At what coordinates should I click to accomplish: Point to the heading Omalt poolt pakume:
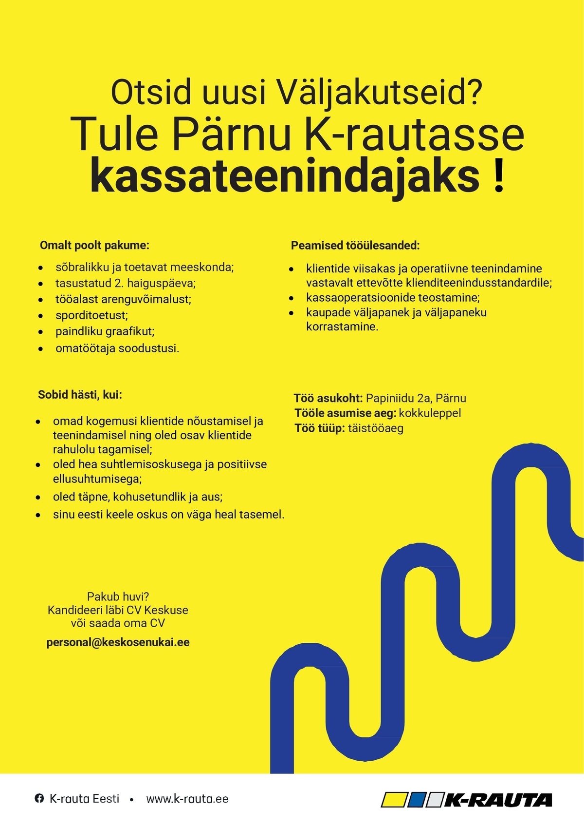pyautogui.click(x=94, y=245)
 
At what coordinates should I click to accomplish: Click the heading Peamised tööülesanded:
pyautogui.click(x=355, y=246)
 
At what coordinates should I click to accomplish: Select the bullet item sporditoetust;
pyautogui.click(x=91, y=315)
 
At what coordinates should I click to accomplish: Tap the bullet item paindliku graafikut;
pyautogui.click(x=105, y=331)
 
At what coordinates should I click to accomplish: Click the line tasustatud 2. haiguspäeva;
pyautogui.click(x=125, y=283)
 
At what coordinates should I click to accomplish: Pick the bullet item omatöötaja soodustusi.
pyautogui.click(x=117, y=348)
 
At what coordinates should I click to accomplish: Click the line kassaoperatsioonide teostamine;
pyautogui.click(x=393, y=297)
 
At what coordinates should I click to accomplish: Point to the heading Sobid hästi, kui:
pyautogui.click(x=80, y=395)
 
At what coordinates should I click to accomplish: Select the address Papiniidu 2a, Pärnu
pyautogui.click(x=416, y=398)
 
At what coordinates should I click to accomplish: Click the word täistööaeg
pyautogui.click(x=375, y=428)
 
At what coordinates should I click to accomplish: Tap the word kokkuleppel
pyautogui.click(x=430, y=413)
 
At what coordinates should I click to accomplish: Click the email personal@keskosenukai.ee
pyautogui.click(x=118, y=642)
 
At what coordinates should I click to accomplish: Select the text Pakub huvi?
pyautogui.click(x=118, y=596)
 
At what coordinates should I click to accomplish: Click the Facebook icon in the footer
pyautogui.click(x=39, y=798)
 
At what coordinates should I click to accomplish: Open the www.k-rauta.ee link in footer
pyautogui.click(x=187, y=799)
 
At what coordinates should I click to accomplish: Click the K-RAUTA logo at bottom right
pyautogui.click(x=467, y=799)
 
